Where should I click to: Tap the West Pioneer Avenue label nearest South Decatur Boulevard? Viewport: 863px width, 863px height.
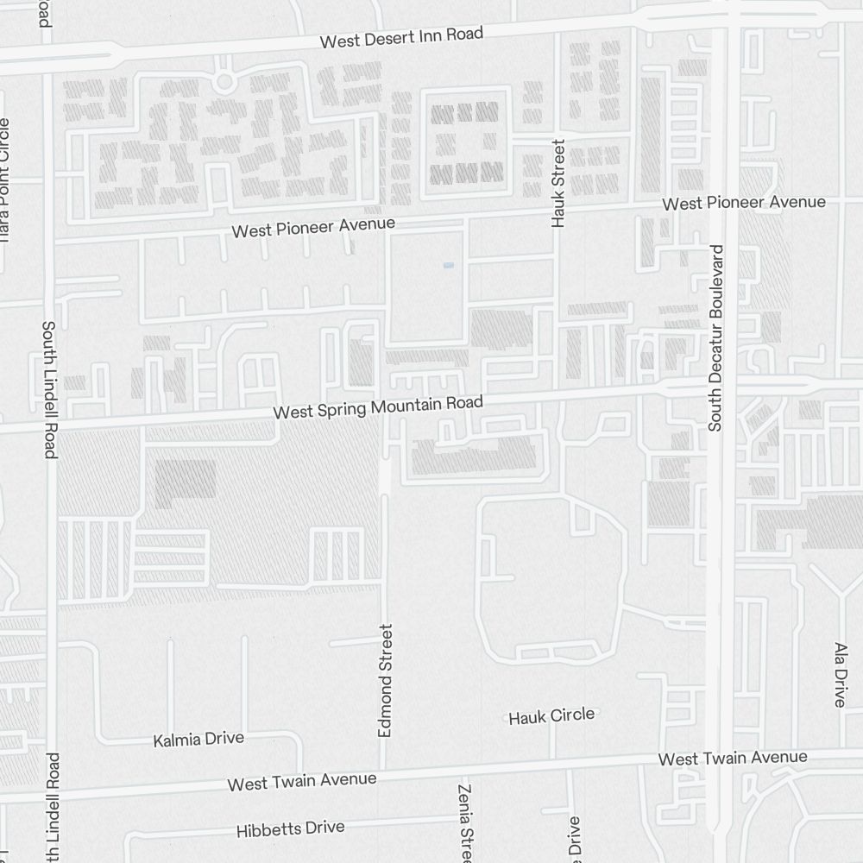[x=744, y=203]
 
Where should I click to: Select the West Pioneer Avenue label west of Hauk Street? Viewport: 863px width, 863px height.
[x=314, y=228]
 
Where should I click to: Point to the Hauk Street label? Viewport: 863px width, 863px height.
[x=557, y=183]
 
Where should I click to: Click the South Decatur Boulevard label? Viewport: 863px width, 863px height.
[x=715, y=337]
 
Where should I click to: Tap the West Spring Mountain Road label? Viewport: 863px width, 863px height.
[x=378, y=407]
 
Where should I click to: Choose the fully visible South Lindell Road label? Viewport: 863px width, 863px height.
[x=49, y=389]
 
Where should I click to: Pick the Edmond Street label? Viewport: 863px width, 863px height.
[x=386, y=680]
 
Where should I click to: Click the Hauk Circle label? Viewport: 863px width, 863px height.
[x=551, y=715]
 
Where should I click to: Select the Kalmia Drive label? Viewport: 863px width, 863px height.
[x=198, y=740]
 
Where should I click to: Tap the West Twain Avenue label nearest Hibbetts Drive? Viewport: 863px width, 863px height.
[x=302, y=781]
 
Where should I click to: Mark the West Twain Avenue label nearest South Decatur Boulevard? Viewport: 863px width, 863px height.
[x=733, y=759]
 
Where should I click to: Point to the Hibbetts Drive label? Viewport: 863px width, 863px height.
[x=291, y=829]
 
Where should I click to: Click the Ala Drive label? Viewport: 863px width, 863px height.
[x=841, y=674]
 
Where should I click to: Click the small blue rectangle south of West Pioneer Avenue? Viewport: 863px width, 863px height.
[x=448, y=266]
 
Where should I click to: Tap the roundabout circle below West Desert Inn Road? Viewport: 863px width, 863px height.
[x=224, y=82]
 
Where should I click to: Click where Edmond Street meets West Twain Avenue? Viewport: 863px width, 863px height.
[x=385, y=771]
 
